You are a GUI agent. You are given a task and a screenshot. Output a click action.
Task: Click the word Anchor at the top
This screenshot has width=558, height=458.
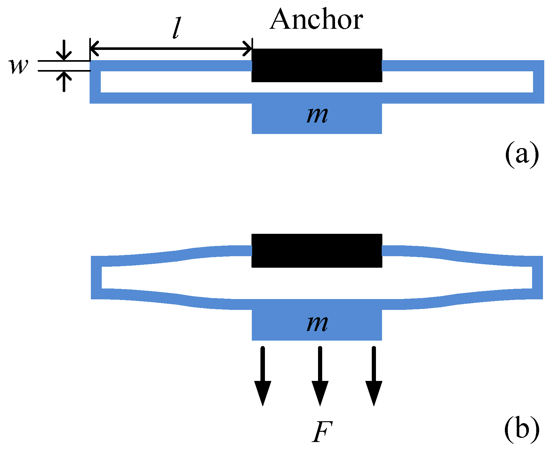[x=316, y=20]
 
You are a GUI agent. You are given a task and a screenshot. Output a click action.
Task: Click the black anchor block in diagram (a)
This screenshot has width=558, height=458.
[x=317, y=65]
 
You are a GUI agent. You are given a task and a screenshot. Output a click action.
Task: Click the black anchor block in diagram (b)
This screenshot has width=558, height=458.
[x=317, y=250]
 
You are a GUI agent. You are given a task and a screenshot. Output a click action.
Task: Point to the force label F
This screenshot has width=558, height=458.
[x=322, y=432]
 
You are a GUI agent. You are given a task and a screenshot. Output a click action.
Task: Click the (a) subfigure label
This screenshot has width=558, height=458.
[x=522, y=154]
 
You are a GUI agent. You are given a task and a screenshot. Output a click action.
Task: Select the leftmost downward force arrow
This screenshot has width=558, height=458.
[x=263, y=377]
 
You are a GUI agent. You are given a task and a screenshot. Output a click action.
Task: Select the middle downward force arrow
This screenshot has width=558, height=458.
[x=320, y=377]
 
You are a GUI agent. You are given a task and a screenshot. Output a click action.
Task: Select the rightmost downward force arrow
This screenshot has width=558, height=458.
[x=374, y=377]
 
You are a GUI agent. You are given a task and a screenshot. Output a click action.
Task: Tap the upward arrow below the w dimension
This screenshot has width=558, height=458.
[x=64, y=81]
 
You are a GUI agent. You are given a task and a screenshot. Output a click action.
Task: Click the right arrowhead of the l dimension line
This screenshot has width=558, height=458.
[x=248, y=49]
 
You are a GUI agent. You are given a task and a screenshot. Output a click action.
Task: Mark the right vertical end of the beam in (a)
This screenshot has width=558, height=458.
[x=538, y=82]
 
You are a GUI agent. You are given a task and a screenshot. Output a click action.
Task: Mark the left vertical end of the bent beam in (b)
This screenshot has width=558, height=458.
[x=96, y=278]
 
